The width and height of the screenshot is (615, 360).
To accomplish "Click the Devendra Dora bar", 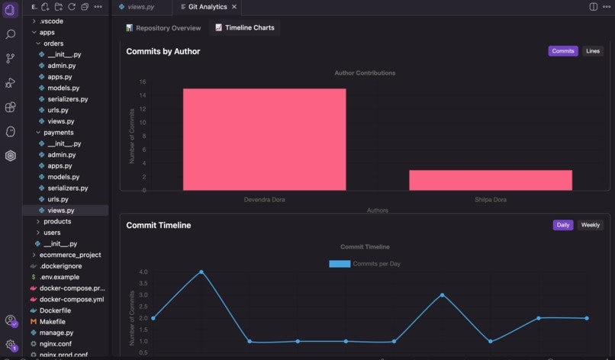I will (x=264, y=139).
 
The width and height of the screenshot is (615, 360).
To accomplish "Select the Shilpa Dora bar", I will (x=490, y=180).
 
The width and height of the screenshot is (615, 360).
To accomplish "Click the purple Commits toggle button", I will (x=562, y=51).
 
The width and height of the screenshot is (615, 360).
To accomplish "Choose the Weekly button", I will (x=590, y=225).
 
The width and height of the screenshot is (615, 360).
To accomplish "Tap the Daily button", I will (x=562, y=225).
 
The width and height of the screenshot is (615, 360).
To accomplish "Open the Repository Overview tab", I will (x=163, y=27).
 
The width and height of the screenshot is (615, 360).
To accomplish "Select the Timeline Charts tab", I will (x=244, y=27).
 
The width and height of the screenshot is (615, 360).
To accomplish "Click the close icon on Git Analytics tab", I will (x=234, y=7).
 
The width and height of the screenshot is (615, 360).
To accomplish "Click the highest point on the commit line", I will (x=201, y=272).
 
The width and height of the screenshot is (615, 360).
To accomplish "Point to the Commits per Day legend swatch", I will (x=340, y=264).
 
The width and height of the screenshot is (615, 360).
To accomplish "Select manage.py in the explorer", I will (x=56, y=333).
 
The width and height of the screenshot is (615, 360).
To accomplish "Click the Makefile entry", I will (x=52, y=322).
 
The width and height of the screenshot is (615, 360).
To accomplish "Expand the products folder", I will (x=56, y=221).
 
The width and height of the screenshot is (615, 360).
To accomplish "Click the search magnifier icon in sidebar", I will (x=11, y=34).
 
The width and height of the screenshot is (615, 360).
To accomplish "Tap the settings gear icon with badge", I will (x=11, y=345).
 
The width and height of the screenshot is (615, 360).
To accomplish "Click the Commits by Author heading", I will (x=163, y=51).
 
